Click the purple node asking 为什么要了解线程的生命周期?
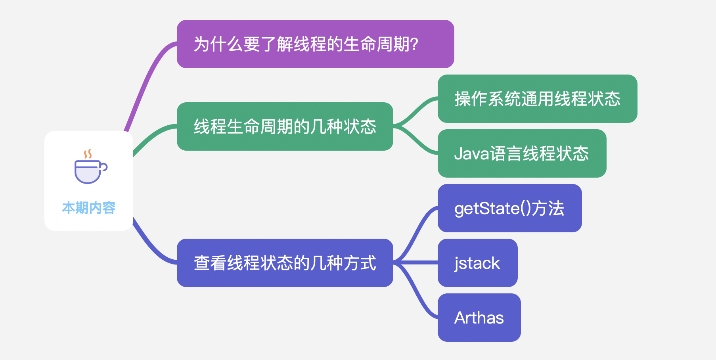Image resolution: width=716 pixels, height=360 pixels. click(x=315, y=44)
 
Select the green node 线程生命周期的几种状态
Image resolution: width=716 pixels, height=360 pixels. click(x=285, y=126)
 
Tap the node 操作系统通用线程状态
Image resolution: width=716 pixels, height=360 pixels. click(x=537, y=99)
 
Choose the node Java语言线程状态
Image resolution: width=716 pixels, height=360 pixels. click(x=522, y=153)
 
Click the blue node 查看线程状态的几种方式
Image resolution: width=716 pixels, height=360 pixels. click(x=285, y=263)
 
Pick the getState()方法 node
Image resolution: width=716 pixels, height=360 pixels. click(x=509, y=208)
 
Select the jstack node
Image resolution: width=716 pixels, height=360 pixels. click(x=477, y=263)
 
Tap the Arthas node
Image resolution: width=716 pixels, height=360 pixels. click(x=479, y=318)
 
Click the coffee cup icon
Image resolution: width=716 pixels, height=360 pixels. click(x=91, y=167)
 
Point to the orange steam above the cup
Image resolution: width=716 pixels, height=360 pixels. click(x=88, y=154)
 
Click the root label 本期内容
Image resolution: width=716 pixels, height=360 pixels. click(x=89, y=208)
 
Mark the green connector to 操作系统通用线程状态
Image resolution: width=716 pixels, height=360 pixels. click(x=415, y=112)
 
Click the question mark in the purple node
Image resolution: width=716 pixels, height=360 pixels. click(x=415, y=44)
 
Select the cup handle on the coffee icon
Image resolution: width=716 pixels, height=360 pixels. click(x=103, y=167)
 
